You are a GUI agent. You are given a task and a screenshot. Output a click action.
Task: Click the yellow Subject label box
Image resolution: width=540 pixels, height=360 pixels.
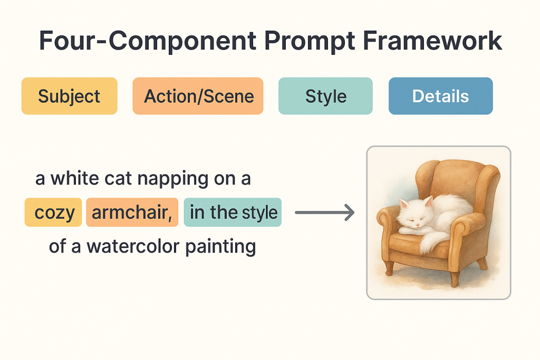tap(69, 96)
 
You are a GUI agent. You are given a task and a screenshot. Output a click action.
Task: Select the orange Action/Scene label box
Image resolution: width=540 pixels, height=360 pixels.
tap(198, 96)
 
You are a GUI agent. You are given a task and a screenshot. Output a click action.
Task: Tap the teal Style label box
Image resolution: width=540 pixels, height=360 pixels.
tap(325, 96)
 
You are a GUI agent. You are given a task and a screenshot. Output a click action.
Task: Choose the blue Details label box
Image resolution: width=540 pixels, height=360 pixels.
tap(441, 96)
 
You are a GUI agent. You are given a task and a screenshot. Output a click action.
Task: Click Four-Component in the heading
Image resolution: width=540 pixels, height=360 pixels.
tap(148, 41)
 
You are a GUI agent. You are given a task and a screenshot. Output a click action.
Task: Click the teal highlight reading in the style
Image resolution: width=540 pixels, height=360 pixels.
tap(233, 212)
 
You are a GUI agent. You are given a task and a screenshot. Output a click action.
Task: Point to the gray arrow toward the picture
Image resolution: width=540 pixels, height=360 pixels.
tap(325, 212)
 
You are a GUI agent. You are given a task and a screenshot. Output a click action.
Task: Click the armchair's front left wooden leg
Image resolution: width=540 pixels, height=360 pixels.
tap(389, 268)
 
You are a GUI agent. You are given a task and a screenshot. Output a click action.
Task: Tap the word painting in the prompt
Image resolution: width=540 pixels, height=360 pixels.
tap(221, 247)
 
